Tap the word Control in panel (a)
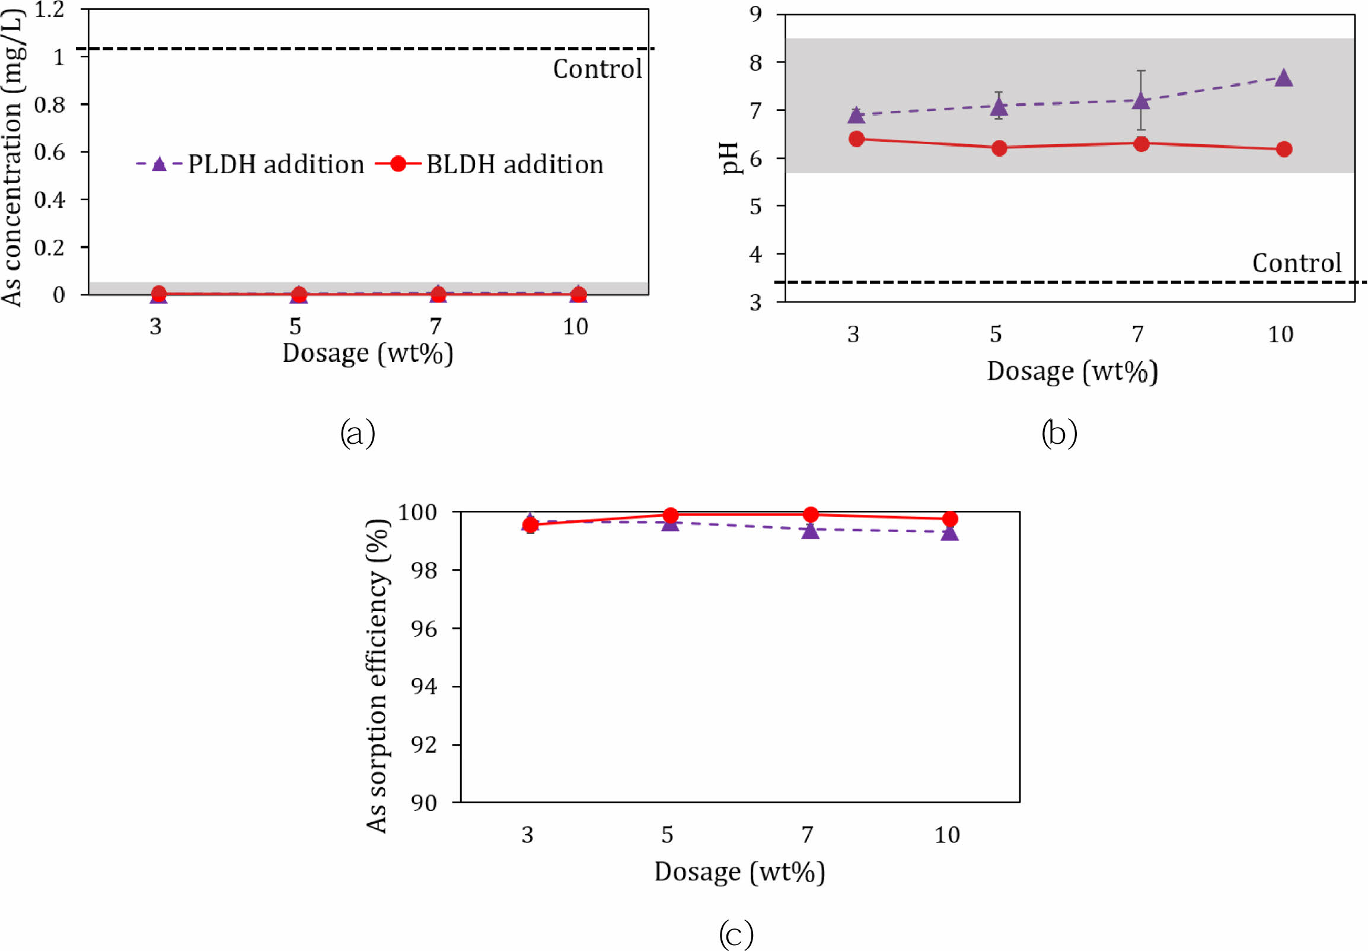tap(597, 69)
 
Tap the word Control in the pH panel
tap(1296, 263)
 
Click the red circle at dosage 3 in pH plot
tap(856, 139)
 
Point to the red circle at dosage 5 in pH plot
tap(999, 148)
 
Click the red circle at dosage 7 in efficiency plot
tap(810, 514)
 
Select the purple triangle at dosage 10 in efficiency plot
tap(950, 533)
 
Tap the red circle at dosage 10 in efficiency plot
tap(950, 519)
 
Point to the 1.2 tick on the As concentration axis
tap(49, 9)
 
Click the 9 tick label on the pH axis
tap(756, 14)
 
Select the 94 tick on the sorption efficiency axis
tap(424, 686)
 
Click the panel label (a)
tap(358, 433)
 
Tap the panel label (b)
tap(1059, 433)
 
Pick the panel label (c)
tap(736, 933)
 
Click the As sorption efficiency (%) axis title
tap(377, 676)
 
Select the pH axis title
tap(730, 158)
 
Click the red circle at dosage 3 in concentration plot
tap(158, 293)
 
